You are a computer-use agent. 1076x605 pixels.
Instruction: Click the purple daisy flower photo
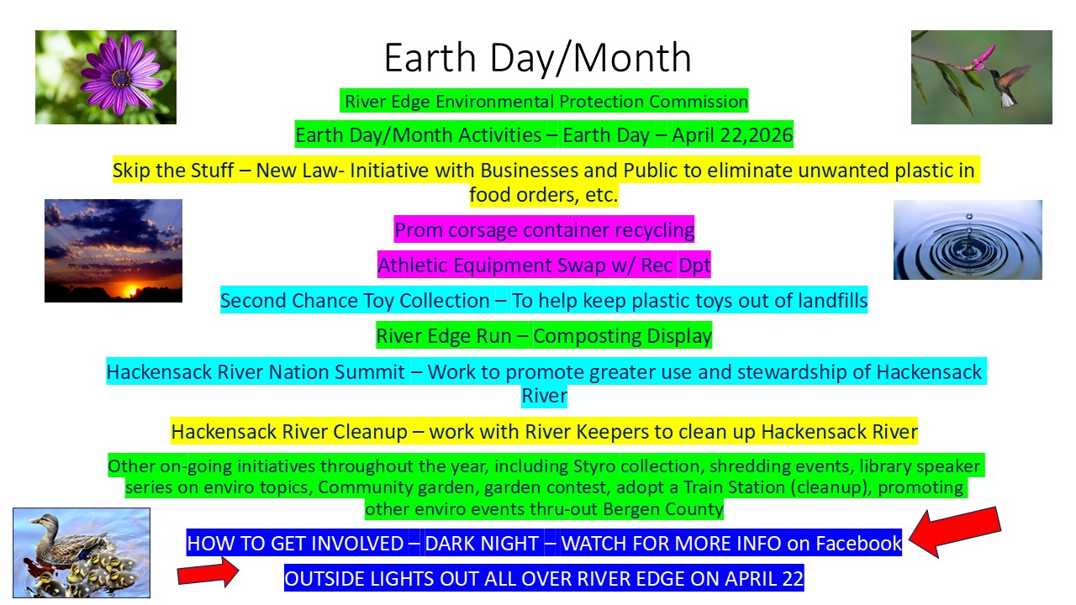coord(106,77)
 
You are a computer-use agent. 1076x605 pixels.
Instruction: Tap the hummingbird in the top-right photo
coord(1008,84)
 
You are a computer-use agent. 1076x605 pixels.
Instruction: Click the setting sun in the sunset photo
coord(130,291)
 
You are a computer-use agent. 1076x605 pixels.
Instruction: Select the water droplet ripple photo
coord(968,239)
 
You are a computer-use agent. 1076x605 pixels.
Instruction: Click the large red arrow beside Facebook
coord(955,533)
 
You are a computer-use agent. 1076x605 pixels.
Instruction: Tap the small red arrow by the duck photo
coord(208,572)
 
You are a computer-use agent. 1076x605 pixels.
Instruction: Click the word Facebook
coord(858,543)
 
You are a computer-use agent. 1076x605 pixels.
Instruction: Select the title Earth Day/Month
coord(537,58)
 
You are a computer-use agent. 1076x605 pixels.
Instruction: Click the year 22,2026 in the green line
coord(756,135)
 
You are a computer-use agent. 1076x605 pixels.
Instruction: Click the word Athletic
coord(413,265)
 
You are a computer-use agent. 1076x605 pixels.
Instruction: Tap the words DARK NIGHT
coord(482,544)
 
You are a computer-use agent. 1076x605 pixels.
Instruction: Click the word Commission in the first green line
coord(699,102)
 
